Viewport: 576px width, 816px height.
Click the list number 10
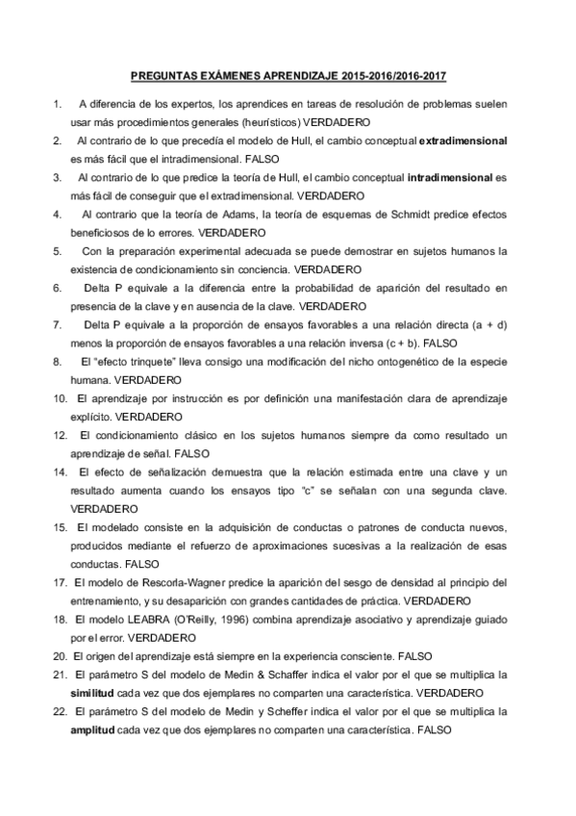pyautogui.click(x=59, y=398)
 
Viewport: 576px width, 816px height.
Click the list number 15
pyautogui.click(x=59, y=527)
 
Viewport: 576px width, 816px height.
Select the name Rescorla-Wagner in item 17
pyautogui.click(x=156, y=583)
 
